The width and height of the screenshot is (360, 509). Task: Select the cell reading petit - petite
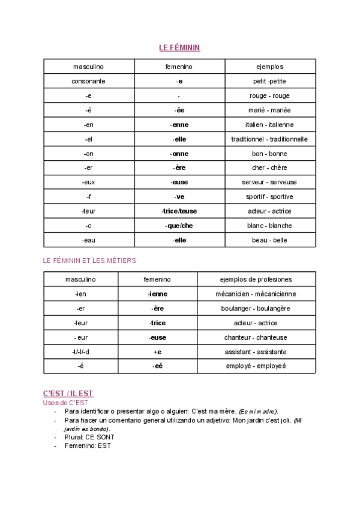click(269, 81)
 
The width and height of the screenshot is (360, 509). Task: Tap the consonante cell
click(89, 81)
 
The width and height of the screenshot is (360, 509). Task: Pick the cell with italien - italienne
click(269, 124)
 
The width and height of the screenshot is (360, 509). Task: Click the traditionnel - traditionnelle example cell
click(269, 139)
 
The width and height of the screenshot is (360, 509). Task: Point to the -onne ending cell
click(179, 153)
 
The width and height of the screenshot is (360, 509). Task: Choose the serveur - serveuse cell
click(269, 182)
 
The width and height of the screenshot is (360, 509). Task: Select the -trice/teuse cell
click(179, 211)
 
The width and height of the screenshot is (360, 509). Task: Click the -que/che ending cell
click(179, 225)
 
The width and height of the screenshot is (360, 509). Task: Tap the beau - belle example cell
click(269, 239)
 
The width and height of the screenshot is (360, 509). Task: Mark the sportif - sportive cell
click(269, 196)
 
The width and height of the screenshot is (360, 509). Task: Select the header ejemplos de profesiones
click(256, 279)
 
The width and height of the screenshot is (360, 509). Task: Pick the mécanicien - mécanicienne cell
click(256, 294)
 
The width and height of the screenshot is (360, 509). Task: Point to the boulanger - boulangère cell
click(256, 308)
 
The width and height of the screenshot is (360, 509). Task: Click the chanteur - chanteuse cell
click(256, 337)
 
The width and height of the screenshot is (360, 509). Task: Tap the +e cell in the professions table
click(157, 351)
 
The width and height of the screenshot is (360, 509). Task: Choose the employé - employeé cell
click(256, 366)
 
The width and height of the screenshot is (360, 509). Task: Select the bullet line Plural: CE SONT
click(91, 438)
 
